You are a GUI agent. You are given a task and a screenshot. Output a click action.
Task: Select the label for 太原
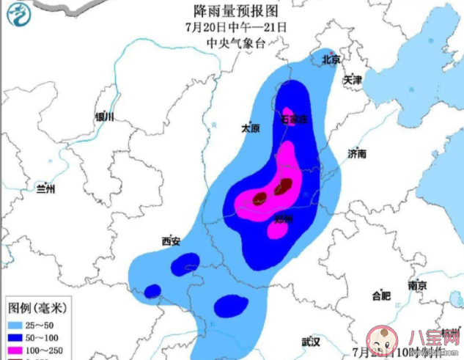tap(251, 128)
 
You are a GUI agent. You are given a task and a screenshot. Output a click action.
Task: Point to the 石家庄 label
tap(295, 118)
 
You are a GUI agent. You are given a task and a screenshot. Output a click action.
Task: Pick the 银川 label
tap(105, 117)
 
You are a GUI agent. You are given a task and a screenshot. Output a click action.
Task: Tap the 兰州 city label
tap(45, 188)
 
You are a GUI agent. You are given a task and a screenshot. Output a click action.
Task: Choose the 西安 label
tap(171, 240)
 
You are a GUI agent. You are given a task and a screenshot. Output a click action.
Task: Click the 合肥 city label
tap(381, 296)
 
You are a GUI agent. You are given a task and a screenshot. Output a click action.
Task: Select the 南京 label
tap(418, 285)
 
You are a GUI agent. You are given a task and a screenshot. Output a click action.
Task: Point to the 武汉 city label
tap(311, 342)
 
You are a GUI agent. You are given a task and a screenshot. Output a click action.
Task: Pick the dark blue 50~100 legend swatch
tap(18, 339)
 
